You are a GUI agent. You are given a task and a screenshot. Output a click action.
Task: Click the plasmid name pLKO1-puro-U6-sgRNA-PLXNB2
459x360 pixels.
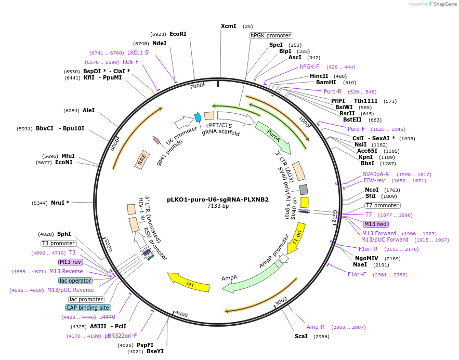pyautogui.click(x=218, y=199)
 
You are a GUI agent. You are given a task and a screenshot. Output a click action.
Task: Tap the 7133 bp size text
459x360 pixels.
pyautogui.click(x=218, y=206)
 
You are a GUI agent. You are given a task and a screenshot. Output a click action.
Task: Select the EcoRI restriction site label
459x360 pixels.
pyautogui.click(x=178, y=34)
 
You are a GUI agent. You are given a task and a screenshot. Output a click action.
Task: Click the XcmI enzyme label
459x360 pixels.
pyautogui.click(x=228, y=26)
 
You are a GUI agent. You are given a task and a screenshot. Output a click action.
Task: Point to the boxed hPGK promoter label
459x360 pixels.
pyautogui.click(x=271, y=35)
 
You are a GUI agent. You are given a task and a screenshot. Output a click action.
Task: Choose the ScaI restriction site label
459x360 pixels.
pyautogui.click(x=301, y=336)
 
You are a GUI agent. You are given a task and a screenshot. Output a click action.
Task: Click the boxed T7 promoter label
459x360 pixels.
pyautogui.click(x=383, y=205)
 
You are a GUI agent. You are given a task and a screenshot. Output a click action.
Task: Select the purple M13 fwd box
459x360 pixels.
pyautogui.click(x=376, y=224)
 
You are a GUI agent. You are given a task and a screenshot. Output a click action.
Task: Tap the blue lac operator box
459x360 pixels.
pyautogui.click(x=75, y=281)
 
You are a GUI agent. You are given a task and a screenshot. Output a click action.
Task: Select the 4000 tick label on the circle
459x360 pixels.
pyautogui.click(x=181, y=314)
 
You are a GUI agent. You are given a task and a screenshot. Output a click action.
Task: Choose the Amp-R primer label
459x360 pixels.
pyautogui.click(x=316, y=327)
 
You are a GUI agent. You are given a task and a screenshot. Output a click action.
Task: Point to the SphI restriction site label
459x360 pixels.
pyautogui.click(x=64, y=234)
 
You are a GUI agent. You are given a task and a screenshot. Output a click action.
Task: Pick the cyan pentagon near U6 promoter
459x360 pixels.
pyautogui.click(x=198, y=117)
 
